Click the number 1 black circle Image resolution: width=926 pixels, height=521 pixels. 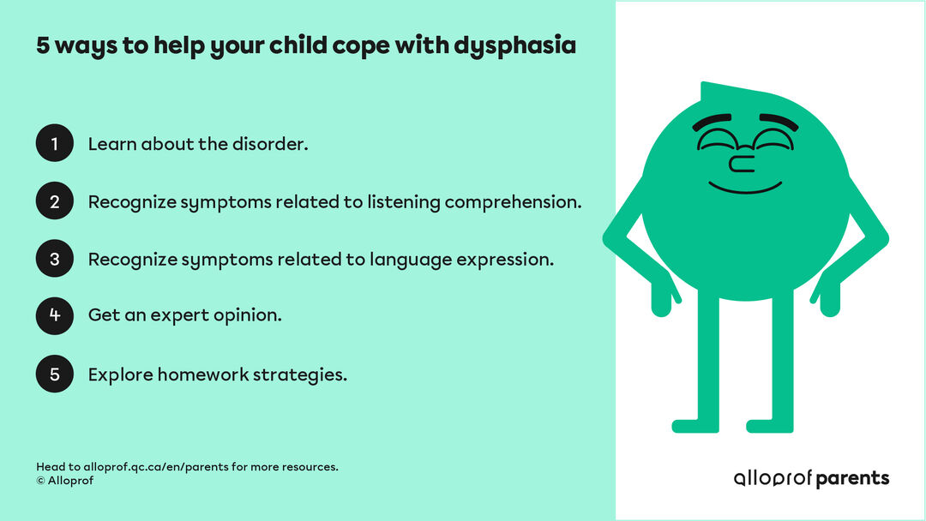[55, 143]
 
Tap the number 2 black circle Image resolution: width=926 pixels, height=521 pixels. [55, 201]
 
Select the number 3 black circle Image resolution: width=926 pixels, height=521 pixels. [55, 259]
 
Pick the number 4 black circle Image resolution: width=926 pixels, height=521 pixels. [55, 315]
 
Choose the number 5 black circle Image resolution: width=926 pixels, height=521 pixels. [55, 374]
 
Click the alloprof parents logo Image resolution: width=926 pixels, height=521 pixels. [811, 478]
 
